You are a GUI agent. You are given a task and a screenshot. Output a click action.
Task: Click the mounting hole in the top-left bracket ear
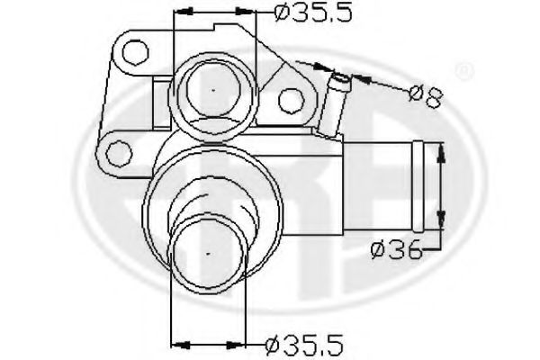point(134,51)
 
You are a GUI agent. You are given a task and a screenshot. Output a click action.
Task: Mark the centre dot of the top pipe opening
point(212,92)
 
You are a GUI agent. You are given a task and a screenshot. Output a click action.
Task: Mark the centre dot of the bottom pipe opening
point(210,255)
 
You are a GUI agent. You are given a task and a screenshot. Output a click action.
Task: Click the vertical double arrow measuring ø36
point(441,189)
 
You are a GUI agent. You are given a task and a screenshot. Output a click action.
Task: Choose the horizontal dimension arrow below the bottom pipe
point(210,343)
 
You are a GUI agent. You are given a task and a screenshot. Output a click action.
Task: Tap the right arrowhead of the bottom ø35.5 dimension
point(245,343)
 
